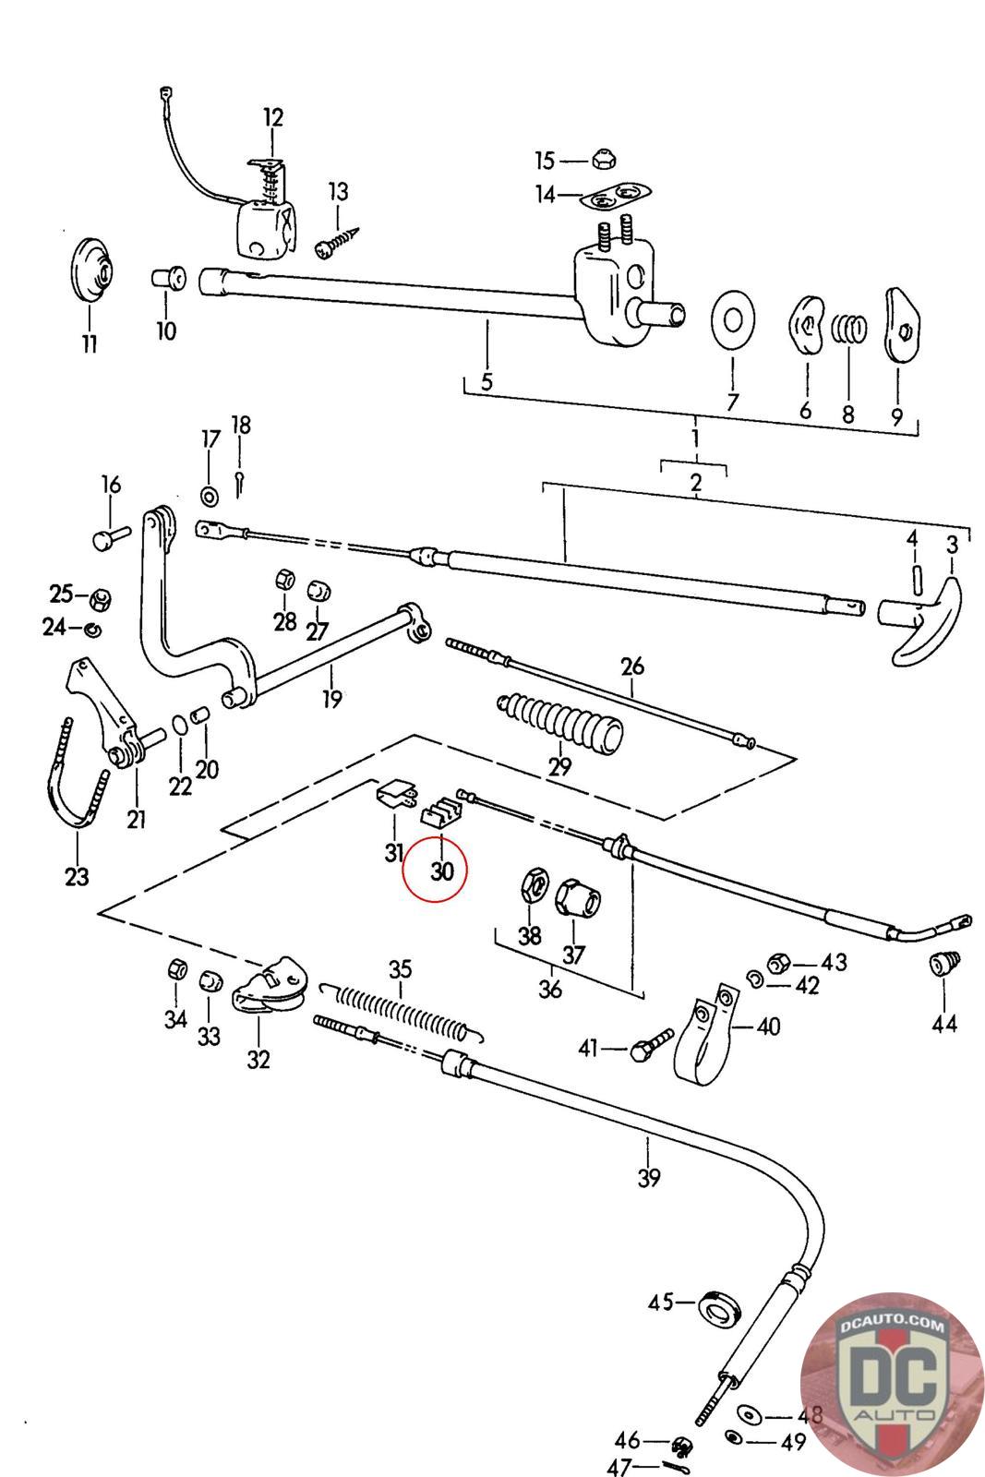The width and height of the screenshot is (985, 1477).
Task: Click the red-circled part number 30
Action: (442, 871)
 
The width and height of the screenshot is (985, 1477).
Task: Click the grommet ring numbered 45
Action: (720, 1307)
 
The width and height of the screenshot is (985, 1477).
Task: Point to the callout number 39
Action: (649, 1177)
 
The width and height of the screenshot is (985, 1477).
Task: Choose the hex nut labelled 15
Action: (603, 161)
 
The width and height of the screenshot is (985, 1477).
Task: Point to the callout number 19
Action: (332, 699)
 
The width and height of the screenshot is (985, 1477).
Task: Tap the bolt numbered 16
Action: (109, 535)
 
